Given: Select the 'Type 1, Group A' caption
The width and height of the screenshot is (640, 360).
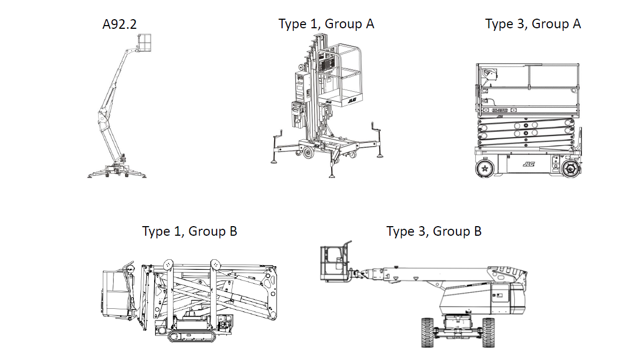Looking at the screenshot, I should point(326,24).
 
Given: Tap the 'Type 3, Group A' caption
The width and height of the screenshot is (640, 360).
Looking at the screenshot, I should point(533,24).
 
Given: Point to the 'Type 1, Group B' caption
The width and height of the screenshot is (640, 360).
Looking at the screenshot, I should point(189,231).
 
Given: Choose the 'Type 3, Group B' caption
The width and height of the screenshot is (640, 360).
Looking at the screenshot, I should point(434,231).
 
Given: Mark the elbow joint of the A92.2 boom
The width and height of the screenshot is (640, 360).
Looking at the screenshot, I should point(102,114).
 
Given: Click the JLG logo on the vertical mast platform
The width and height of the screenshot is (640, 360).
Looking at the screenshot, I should point(352,99).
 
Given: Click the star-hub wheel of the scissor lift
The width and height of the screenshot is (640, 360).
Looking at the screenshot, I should point(485,169).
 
